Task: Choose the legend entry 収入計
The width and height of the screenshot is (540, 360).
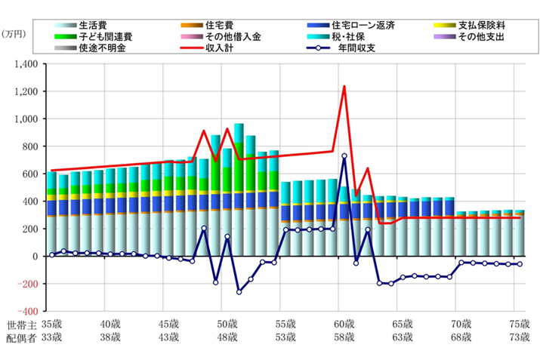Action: (221, 48)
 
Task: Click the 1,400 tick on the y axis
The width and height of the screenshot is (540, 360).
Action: (26, 65)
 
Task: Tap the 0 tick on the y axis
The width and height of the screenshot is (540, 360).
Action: (35, 256)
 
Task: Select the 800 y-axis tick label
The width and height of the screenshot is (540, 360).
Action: (29, 146)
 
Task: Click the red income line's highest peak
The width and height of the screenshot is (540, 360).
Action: (344, 86)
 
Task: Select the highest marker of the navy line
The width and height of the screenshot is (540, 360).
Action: (344, 156)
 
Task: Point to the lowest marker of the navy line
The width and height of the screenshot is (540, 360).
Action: (239, 291)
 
